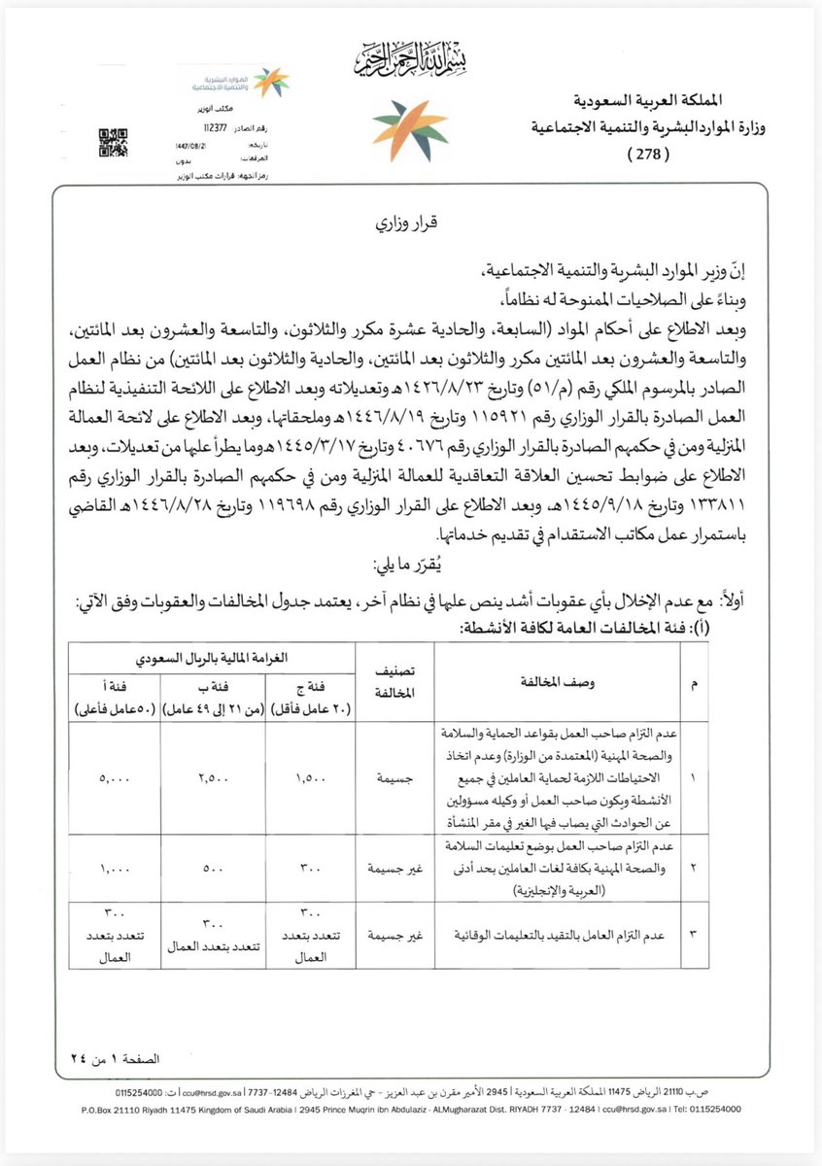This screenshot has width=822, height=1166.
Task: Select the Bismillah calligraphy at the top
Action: [411, 67]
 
